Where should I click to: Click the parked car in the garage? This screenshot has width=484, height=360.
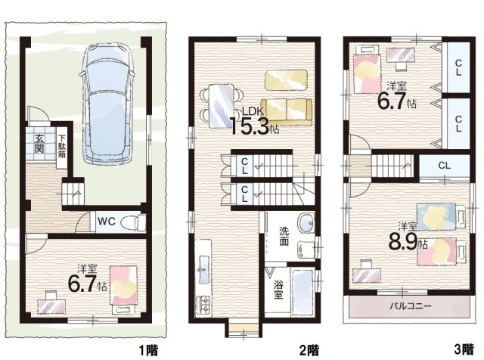click(x=107, y=104)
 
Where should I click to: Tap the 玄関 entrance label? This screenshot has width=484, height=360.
click(x=39, y=144)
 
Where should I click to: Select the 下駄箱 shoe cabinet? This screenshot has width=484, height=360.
click(x=62, y=147)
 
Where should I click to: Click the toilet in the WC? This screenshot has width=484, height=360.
click(x=133, y=222)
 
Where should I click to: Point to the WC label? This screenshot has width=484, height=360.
click(x=107, y=222)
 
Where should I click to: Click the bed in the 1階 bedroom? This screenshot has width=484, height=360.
click(x=124, y=290)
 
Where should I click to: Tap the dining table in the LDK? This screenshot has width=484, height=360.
click(x=222, y=106)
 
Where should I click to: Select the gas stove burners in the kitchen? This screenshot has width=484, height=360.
click(x=203, y=305)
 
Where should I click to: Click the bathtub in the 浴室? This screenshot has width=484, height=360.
click(x=303, y=292)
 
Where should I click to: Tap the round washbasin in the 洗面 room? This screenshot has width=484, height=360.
click(x=306, y=222)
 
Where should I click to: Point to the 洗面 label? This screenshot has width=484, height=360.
click(x=284, y=236)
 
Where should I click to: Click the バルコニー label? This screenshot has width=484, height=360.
click(x=410, y=306)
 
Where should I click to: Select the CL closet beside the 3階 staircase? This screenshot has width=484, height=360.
click(x=444, y=166)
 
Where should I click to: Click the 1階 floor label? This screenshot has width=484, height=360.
click(x=148, y=350)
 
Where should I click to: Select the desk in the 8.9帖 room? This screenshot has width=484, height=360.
click(x=367, y=275)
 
